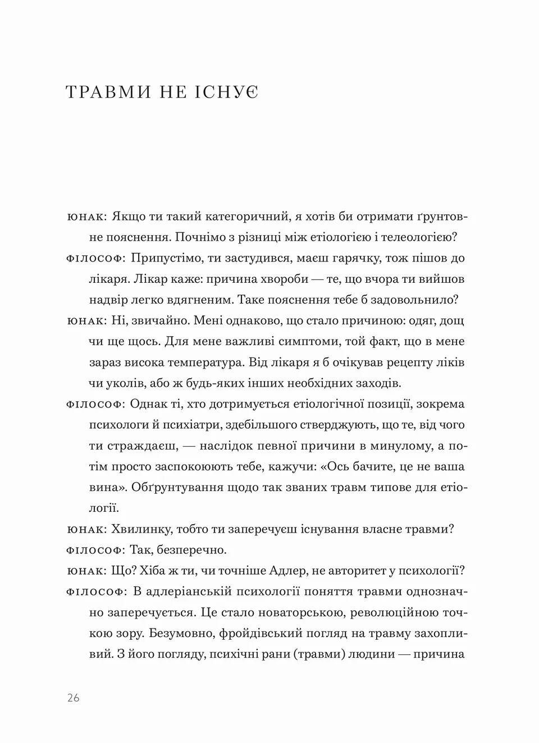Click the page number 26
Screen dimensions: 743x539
pos(73,698)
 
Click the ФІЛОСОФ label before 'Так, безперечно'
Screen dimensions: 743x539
pos(94,551)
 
